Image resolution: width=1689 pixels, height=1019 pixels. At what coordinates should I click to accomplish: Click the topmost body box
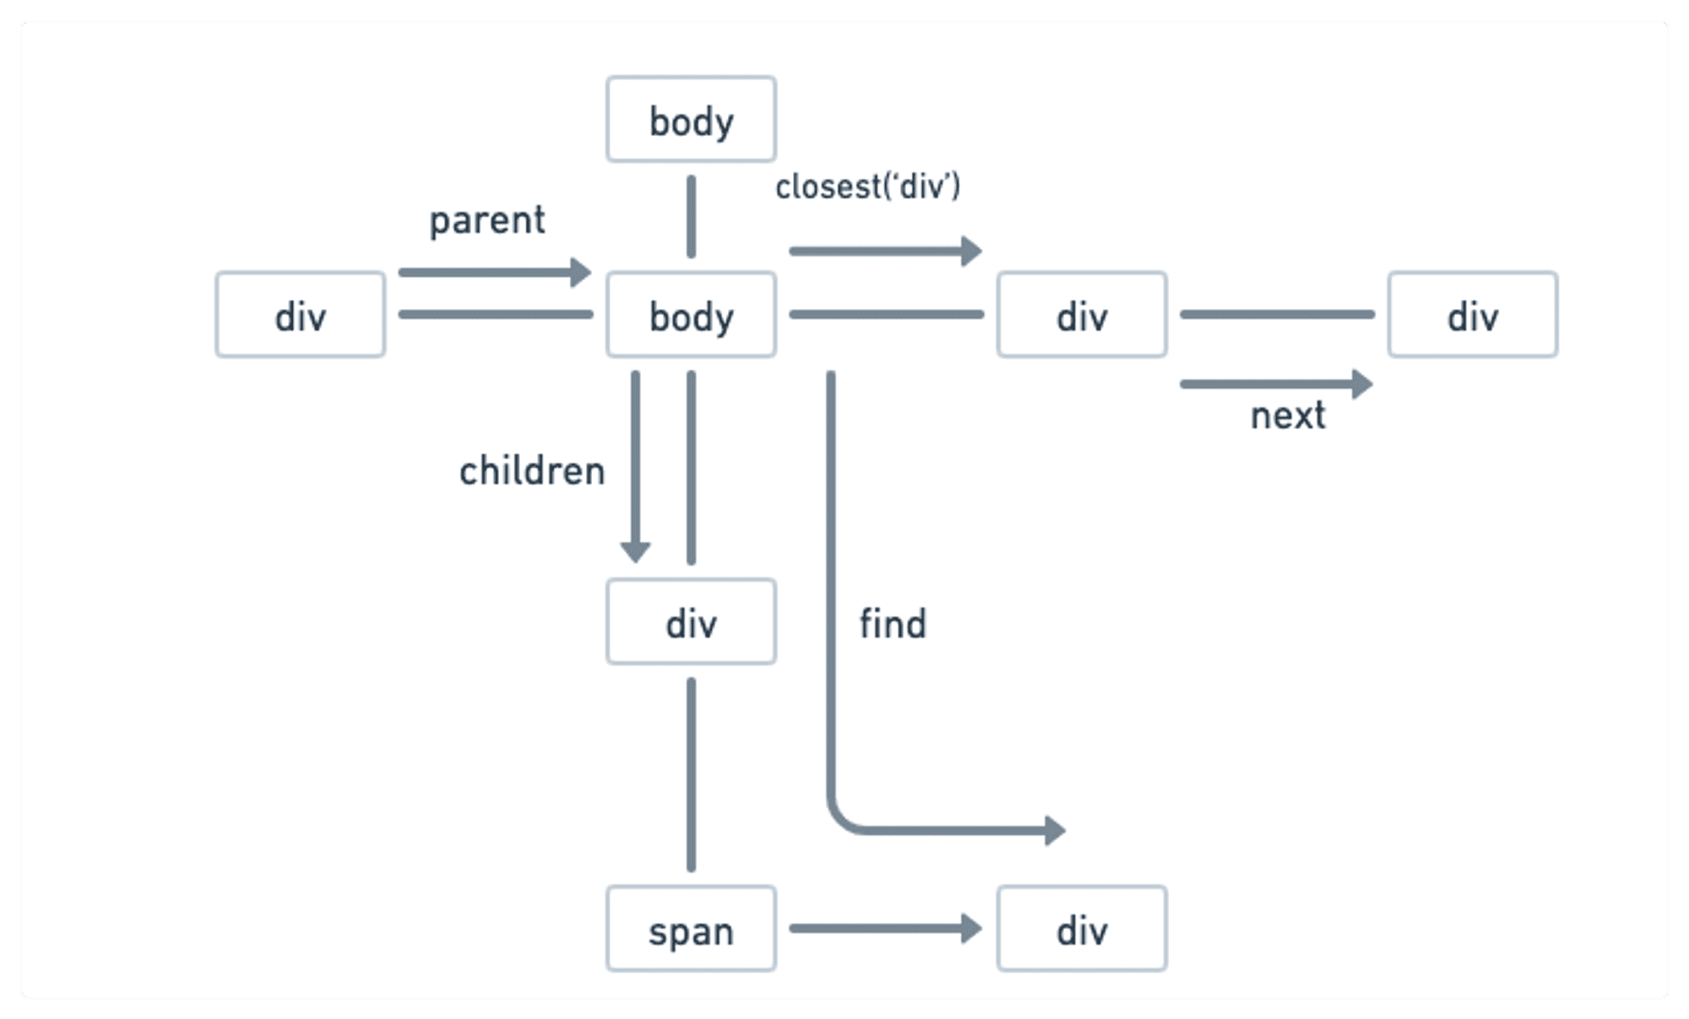691,119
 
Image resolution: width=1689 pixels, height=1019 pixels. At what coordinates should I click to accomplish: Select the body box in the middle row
691,315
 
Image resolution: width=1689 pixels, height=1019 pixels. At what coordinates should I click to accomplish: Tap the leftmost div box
300,315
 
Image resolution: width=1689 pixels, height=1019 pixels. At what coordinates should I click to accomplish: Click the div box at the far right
1472,315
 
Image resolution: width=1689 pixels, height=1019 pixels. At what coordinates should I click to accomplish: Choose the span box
691,929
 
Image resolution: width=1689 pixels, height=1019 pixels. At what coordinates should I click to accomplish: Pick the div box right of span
1082,929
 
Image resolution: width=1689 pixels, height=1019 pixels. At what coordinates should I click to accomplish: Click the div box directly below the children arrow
691,621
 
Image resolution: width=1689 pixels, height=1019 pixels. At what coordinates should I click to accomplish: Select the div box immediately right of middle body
1082,315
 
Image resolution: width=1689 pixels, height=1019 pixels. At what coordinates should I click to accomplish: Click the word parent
487,221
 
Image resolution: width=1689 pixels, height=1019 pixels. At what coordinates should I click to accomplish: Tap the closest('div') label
868,187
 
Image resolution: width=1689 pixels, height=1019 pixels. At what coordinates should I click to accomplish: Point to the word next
1288,416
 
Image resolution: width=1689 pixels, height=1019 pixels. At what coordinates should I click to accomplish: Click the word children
532,471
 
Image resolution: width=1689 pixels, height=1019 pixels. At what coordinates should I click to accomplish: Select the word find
893,625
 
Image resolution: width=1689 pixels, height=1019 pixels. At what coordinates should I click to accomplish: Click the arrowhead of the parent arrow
581,273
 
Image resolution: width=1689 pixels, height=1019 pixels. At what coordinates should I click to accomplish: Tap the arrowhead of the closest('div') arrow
972,251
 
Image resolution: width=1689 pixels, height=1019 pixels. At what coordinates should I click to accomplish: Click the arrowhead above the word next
1362,384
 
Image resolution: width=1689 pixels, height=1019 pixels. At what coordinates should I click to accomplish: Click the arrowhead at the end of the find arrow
1055,831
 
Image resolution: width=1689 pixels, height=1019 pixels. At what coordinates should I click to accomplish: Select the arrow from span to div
883,929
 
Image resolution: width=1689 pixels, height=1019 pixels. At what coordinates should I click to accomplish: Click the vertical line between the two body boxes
691,216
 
